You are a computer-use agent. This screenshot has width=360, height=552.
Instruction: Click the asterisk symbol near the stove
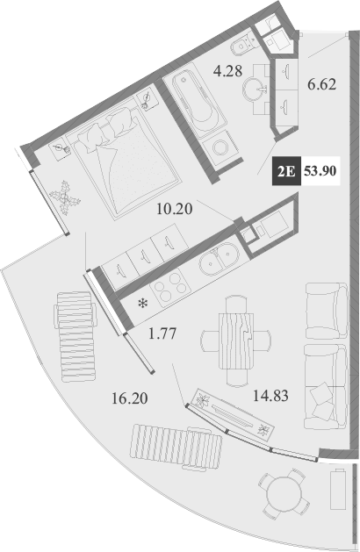pos(140,305)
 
